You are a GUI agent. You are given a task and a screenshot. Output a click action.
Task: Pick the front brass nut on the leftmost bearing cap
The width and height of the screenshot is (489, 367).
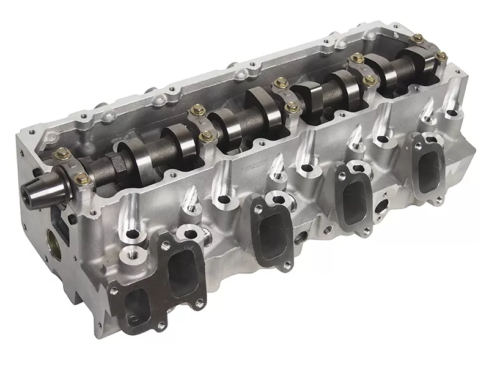(82, 179)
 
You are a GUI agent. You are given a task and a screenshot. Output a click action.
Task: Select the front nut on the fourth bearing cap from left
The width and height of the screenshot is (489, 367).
(369, 80)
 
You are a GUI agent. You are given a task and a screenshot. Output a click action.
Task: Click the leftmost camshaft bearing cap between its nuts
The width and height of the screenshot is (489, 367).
(71, 166)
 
